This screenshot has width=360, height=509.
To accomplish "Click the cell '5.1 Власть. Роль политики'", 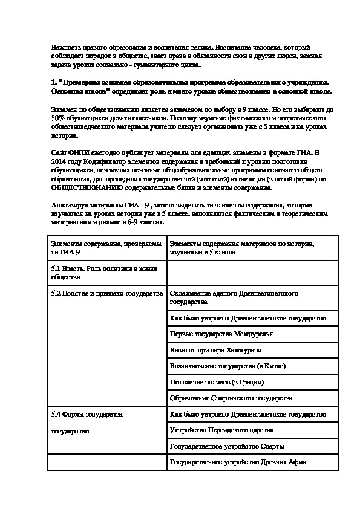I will (106, 270).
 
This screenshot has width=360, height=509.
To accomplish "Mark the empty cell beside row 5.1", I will (252, 270).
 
